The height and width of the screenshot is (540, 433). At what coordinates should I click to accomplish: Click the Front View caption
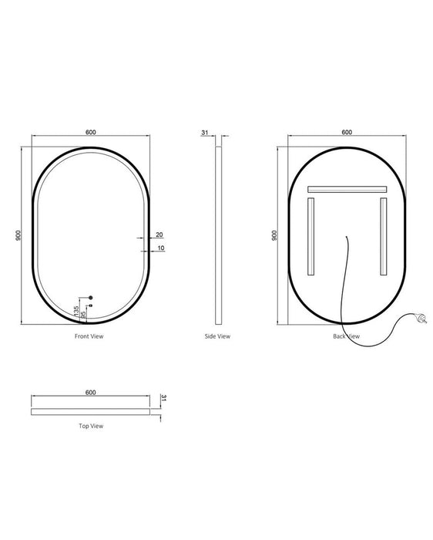(89, 336)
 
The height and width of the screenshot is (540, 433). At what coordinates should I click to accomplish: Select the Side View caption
(217, 336)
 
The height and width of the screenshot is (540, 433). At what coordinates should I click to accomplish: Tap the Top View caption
(91, 426)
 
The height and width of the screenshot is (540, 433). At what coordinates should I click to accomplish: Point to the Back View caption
(346, 336)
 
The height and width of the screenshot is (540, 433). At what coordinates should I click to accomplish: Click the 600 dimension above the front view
(91, 132)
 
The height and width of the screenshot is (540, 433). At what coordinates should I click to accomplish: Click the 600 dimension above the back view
(347, 132)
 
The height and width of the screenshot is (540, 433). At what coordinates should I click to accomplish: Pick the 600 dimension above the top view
(91, 392)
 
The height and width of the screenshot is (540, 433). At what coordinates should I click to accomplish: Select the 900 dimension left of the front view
(18, 235)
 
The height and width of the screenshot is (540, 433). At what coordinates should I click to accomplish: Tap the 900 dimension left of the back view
(274, 235)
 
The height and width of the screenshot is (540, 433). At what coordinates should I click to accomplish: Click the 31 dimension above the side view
(205, 132)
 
